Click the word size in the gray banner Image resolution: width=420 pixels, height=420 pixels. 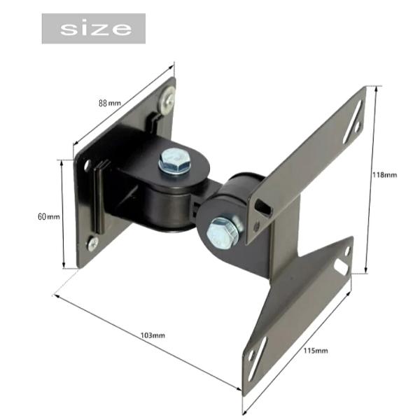coord(96,29)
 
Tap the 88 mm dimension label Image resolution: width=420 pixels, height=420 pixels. coord(110,103)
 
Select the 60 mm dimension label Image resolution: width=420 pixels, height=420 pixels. coord(49,216)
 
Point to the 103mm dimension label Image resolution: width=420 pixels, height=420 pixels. coord(153,335)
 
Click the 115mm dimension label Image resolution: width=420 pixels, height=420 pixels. coord(316,351)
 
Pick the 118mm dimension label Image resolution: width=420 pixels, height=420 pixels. coord(384,175)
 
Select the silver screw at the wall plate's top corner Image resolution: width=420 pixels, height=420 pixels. coord(168,99)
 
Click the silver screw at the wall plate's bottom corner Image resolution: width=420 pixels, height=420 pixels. coord(93,243)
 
